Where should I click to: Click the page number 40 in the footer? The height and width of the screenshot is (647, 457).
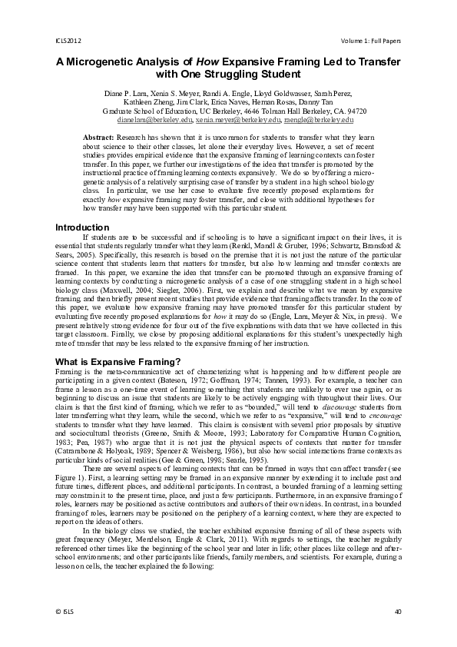[x=397, y=612]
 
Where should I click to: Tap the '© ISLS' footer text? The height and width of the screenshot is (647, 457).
[x=65, y=612]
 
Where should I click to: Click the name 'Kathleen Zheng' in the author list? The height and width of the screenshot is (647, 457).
[x=148, y=102]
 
